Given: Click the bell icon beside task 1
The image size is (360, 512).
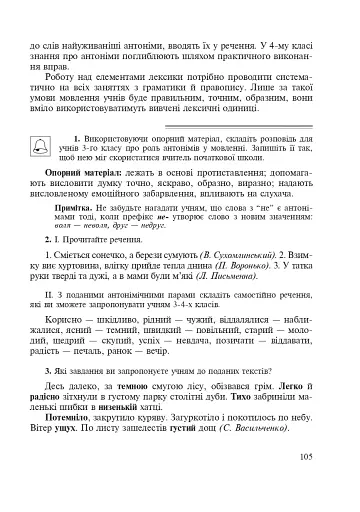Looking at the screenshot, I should click(x=52, y=142).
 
